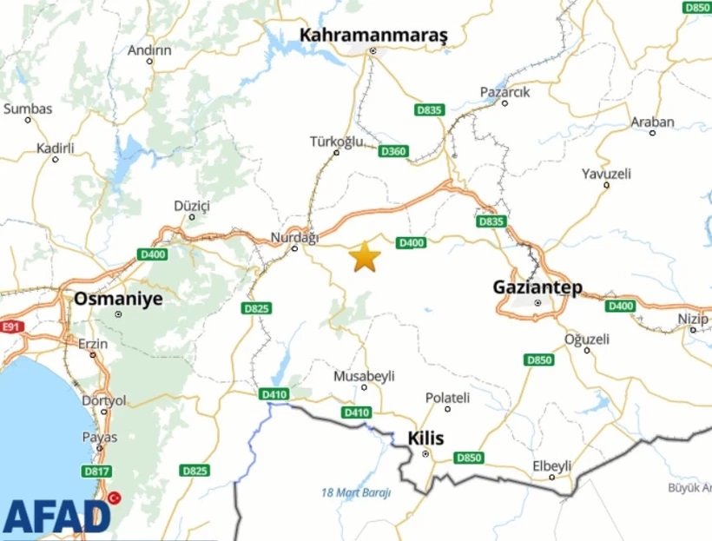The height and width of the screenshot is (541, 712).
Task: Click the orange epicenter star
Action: (365, 257)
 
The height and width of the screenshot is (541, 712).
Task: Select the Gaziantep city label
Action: (537, 287)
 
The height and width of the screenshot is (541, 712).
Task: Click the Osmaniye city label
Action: (118, 298)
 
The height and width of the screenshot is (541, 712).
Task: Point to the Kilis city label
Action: (425, 439)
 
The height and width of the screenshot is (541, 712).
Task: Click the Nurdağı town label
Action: (295, 237)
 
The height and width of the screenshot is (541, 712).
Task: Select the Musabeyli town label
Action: (364, 376)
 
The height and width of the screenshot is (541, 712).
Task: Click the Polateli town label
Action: (447, 397)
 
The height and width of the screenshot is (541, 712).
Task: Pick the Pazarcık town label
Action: (504, 91)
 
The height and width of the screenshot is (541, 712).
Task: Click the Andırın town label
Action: (149, 50)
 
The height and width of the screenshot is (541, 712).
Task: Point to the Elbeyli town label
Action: (552, 466)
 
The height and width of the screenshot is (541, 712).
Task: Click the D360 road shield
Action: (392, 151)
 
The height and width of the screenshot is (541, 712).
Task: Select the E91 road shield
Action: (10, 327)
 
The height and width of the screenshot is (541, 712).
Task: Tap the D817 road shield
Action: (96, 472)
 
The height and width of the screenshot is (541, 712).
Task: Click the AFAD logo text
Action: (56, 516)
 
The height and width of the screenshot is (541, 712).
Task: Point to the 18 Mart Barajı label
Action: (355, 492)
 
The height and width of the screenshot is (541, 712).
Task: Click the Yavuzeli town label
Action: (606, 174)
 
